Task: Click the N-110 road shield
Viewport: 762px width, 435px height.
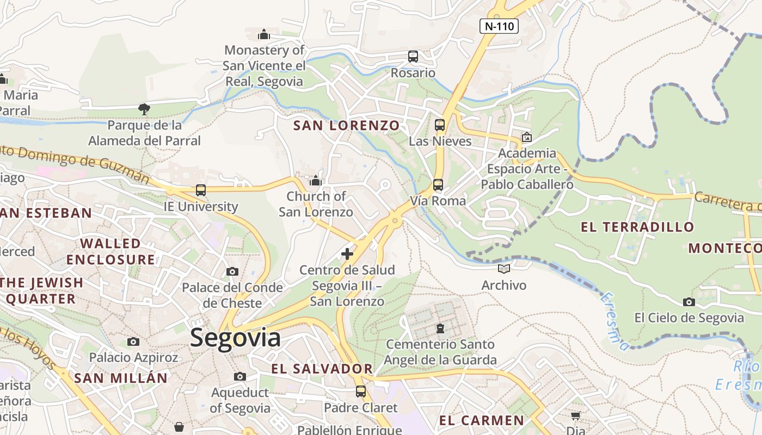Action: (499, 26)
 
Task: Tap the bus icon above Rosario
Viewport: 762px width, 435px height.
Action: (413, 56)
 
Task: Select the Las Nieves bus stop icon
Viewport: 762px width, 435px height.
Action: (440, 125)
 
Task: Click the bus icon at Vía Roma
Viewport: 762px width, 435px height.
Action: (438, 184)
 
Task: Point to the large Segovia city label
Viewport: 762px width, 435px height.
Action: (235, 338)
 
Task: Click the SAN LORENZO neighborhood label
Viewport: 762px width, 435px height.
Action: (347, 126)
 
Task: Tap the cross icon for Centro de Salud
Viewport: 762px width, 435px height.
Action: (347, 253)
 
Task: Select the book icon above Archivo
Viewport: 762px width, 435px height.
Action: (504, 269)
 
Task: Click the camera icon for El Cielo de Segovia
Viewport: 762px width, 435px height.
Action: (689, 302)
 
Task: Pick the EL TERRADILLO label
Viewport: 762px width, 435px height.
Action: (637, 227)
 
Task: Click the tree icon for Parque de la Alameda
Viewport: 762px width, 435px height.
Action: (144, 109)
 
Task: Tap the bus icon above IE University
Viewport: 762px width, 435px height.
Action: (201, 190)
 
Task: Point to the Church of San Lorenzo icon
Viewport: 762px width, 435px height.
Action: (316, 181)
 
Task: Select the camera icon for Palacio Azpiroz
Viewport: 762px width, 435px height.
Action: (133, 341)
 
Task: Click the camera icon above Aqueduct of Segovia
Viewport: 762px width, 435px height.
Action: (239, 376)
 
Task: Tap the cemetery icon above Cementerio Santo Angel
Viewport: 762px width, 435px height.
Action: (440, 328)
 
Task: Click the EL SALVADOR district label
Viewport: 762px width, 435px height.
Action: (322, 369)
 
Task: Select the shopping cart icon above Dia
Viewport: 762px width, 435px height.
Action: (575, 416)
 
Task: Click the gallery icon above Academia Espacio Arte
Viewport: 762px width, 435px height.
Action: (526, 137)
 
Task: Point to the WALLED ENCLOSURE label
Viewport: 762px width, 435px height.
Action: (111, 251)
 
